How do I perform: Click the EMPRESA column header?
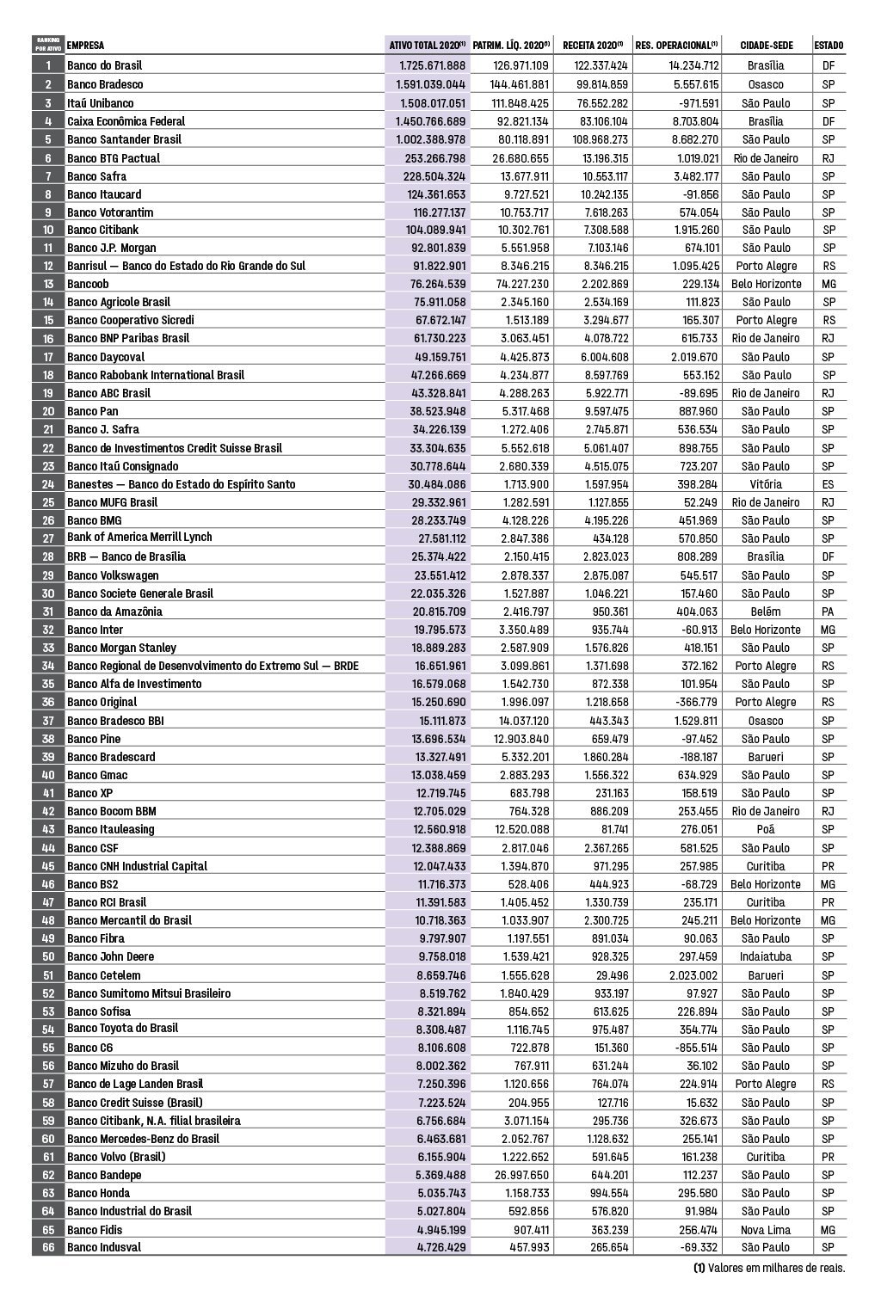[86, 46]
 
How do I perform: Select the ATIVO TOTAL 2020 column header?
[427, 46]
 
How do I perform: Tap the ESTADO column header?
[829, 46]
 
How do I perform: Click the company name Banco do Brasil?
[104, 65]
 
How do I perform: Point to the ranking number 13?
[48, 284]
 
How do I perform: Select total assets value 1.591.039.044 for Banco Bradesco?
[430, 84]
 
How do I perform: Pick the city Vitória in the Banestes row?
[765, 484]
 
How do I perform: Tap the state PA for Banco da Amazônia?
[828, 612]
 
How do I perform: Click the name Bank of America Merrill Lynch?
[139, 537]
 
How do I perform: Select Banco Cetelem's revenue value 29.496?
[606, 975]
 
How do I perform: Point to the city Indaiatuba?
[765, 956]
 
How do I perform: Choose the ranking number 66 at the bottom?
[48, 1247]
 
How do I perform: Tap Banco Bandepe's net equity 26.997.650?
[521, 1175]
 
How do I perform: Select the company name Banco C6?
[89, 1048]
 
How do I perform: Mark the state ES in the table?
[828, 484]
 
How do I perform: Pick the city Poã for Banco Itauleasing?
[765, 829]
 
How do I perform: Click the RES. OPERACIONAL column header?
[676, 46]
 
